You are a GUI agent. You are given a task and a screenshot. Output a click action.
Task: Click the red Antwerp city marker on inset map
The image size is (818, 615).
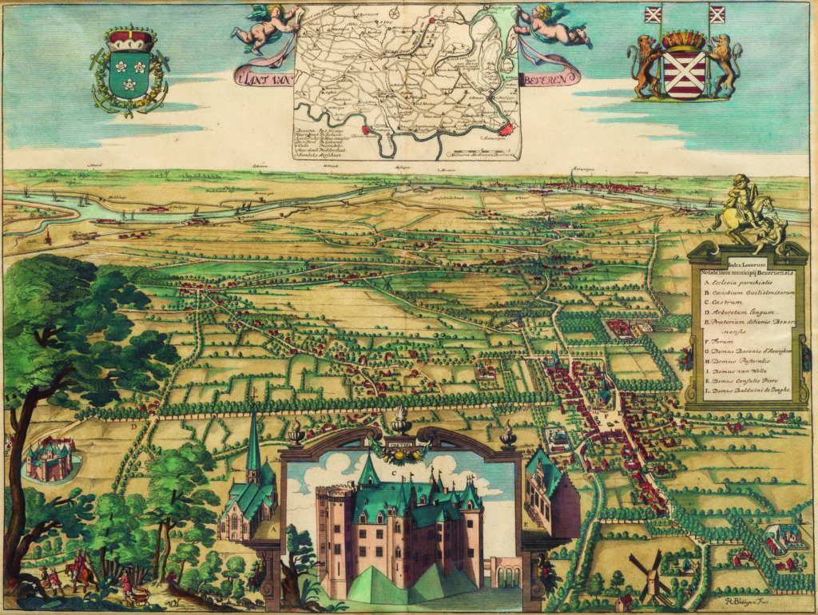pyautogui.click(x=506, y=128)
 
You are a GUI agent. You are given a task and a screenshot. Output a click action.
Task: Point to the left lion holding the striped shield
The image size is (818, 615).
pyautogui.click(x=644, y=67)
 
